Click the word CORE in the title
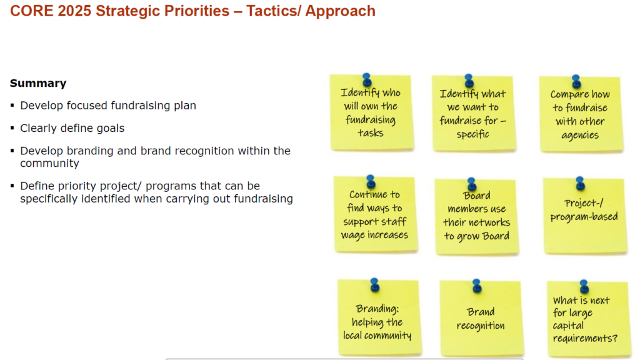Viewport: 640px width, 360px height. [29, 11]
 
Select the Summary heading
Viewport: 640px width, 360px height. [38, 83]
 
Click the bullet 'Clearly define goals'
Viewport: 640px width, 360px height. [72, 128]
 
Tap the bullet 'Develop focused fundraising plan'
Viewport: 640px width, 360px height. [107, 106]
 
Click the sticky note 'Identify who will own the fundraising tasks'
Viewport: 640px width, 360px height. [371, 114]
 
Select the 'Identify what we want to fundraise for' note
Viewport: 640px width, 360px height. [472, 114]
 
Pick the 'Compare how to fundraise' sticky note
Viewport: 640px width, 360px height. [580, 116]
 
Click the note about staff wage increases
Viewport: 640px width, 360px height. [374, 216]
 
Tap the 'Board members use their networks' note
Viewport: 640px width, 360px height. [477, 217]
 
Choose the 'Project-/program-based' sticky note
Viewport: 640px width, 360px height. [583, 216]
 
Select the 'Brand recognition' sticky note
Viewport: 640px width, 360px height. [481, 319]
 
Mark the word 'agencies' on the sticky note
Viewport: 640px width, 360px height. [579, 136]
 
